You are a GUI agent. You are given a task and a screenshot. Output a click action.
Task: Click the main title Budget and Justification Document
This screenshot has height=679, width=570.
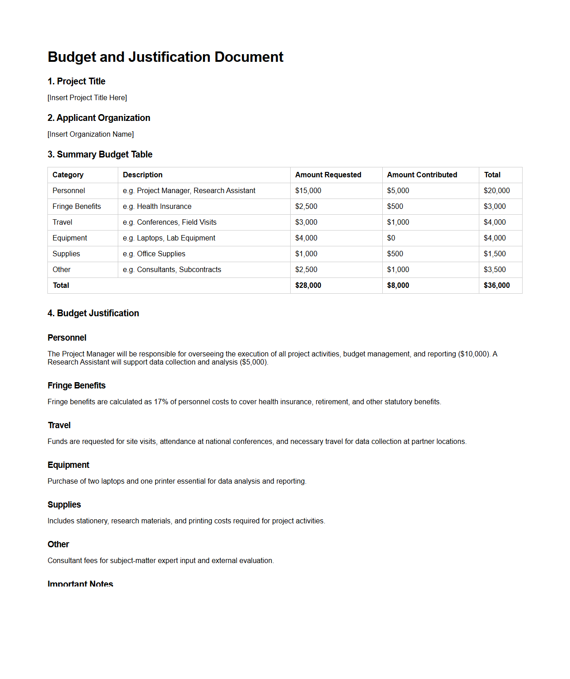(165, 57)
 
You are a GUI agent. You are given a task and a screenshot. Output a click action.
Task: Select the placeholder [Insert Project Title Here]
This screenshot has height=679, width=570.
(87, 98)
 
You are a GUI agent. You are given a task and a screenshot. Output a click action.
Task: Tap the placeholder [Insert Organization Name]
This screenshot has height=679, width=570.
(91, 134)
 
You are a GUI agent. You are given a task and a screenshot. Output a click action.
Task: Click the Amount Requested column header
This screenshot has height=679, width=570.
(328, 175)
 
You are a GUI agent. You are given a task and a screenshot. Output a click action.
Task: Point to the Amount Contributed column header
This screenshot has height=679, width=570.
(422, 175)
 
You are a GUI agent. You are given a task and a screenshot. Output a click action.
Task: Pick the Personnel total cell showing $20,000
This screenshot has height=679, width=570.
(496, 191)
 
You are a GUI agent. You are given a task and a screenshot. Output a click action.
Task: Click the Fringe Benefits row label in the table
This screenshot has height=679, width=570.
(77, 207)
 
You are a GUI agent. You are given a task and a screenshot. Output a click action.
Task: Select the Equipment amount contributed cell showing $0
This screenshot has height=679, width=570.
(391, 238)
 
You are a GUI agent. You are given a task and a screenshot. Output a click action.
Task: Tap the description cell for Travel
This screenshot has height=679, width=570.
(170, 222)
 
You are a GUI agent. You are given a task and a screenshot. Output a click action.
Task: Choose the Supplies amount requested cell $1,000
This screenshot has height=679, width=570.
(306, 254)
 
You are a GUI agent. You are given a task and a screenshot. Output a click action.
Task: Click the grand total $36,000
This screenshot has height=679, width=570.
(496, 286)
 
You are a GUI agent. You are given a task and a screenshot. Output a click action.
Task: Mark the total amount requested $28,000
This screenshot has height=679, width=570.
(308, 286)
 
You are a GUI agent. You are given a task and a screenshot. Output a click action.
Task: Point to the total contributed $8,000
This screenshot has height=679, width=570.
(398, 286)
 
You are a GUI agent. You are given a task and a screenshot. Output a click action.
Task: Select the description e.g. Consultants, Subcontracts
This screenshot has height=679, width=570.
(172, 270)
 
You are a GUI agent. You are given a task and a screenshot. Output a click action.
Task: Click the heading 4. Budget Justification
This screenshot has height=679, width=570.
(93, 314)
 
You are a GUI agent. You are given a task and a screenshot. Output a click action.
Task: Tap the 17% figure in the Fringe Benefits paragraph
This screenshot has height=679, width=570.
(161, 402)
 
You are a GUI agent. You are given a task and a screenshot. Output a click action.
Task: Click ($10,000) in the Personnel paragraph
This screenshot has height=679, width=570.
(474, 354)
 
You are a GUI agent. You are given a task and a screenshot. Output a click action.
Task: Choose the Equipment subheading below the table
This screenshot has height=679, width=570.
(69, 465)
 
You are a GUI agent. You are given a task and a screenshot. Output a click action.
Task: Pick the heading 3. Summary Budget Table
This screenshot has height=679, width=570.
(100, 155)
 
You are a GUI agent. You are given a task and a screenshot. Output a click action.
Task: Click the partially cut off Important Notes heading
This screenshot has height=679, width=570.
(80, 583)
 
